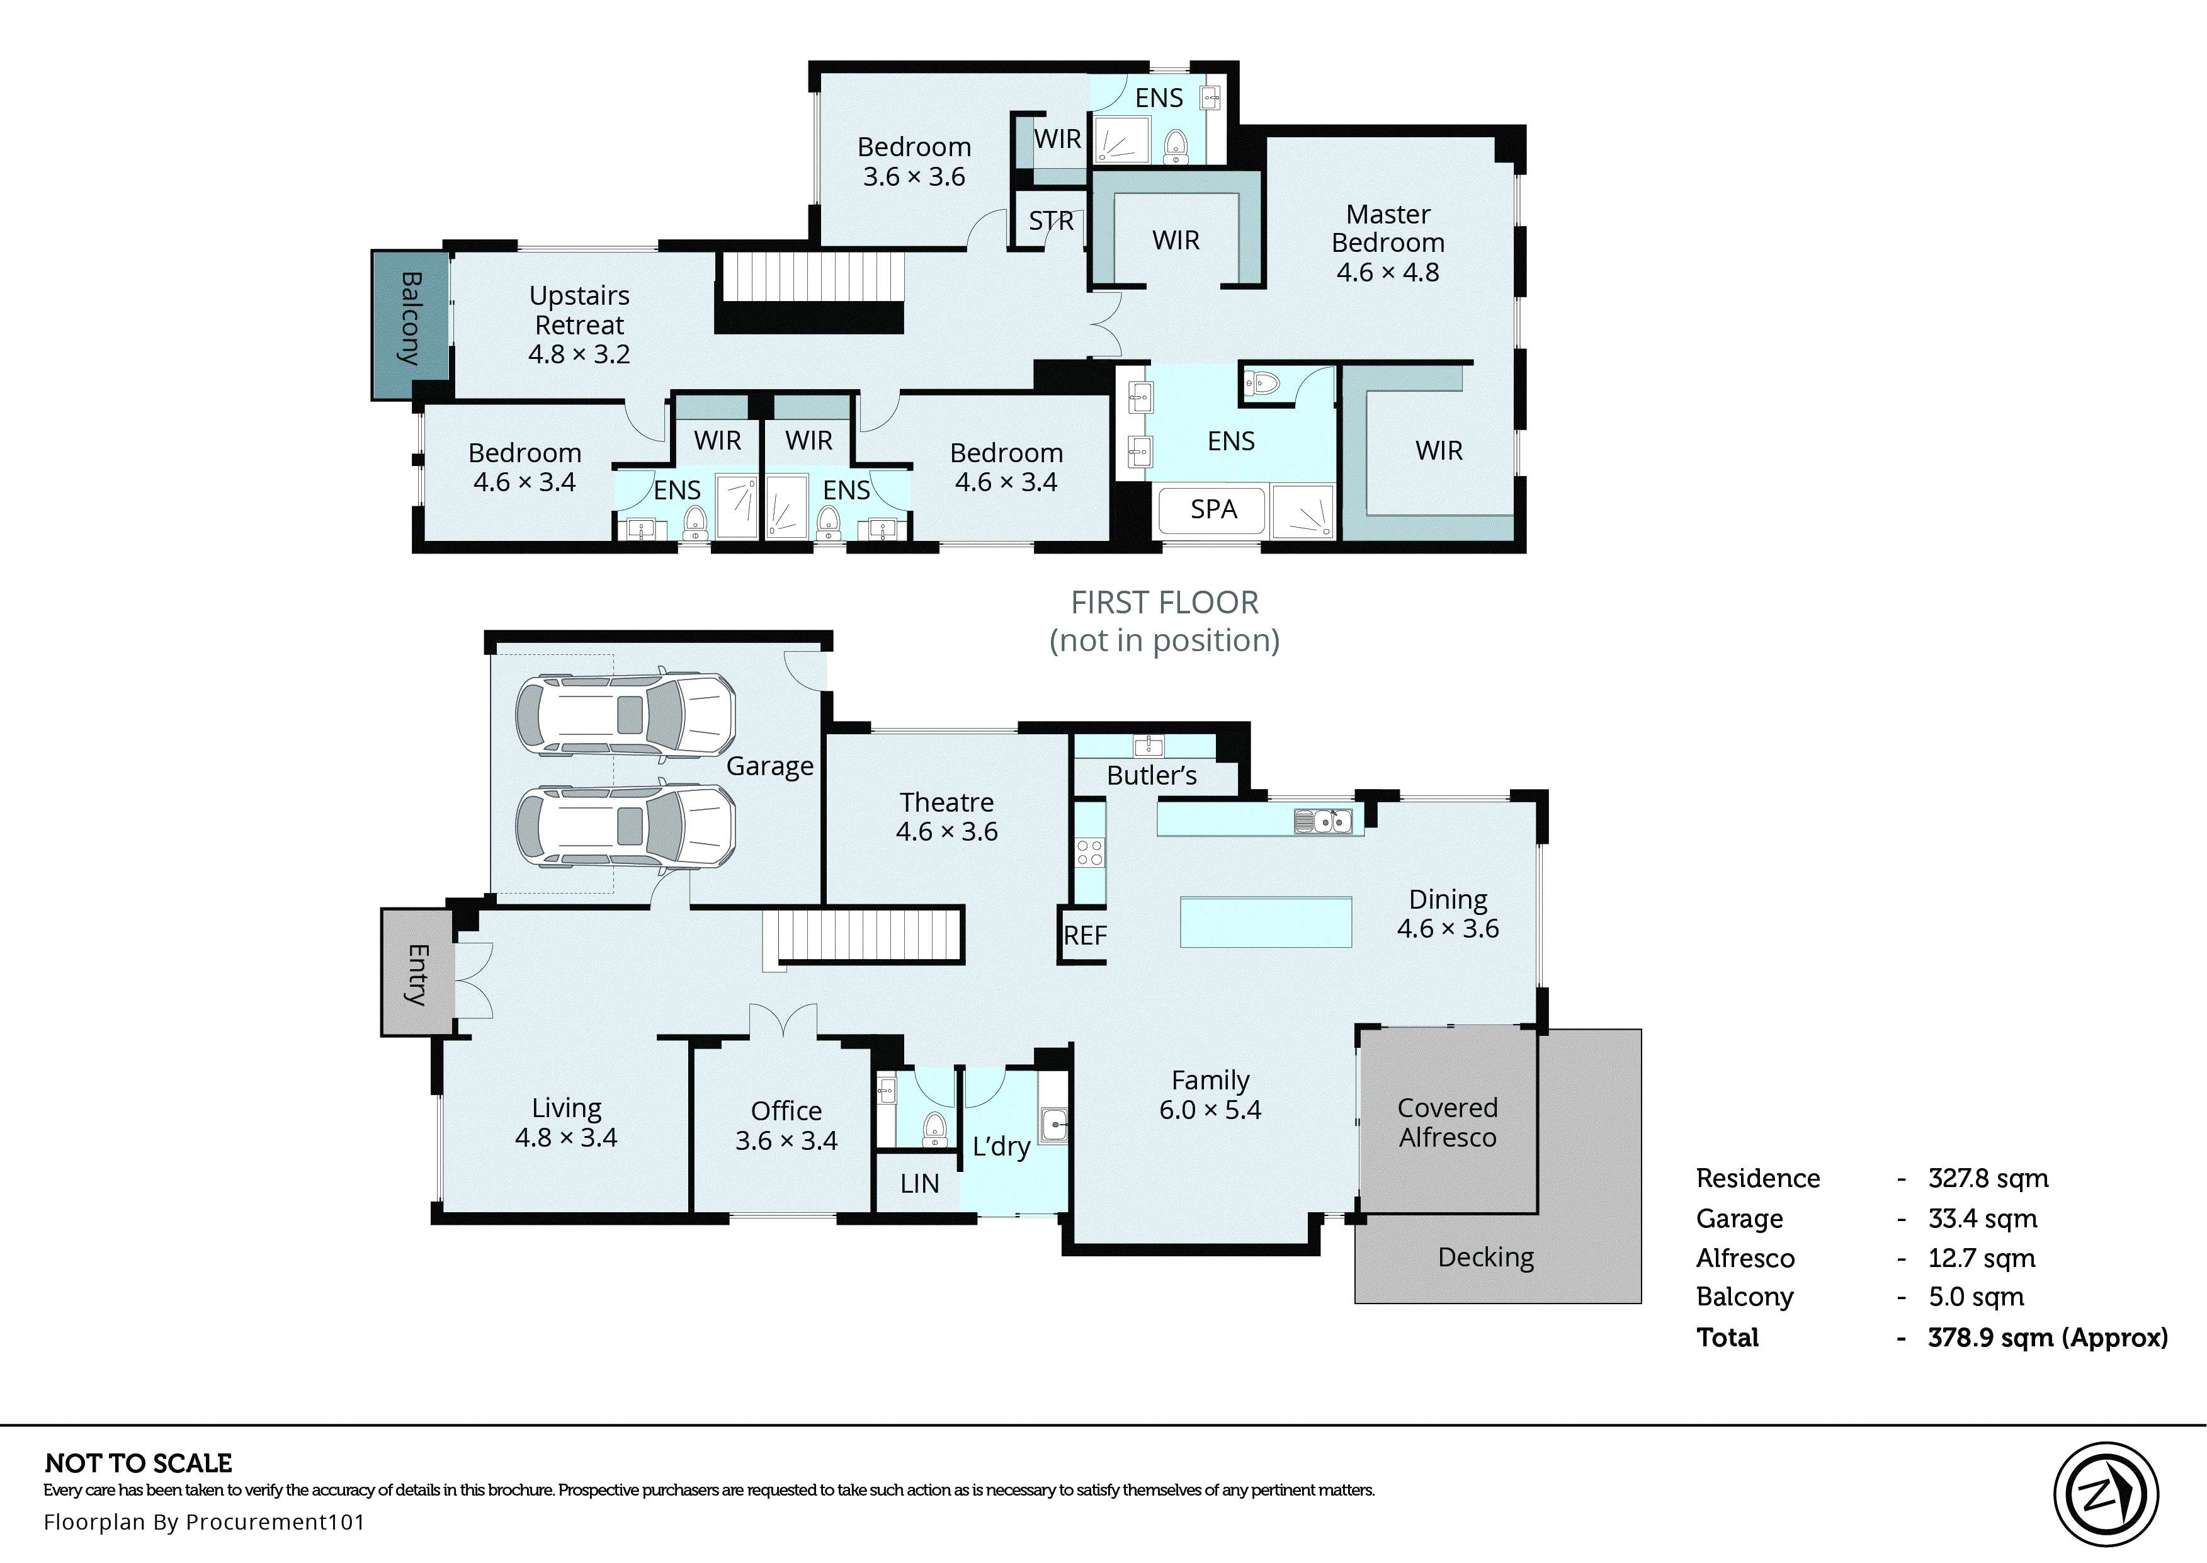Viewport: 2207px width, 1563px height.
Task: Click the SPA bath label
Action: (1213, 509)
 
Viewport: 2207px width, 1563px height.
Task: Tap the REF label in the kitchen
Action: (1084, 936)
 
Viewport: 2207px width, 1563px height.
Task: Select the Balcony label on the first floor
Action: (411, 319)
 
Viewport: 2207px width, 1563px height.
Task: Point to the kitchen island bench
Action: (1266, 922)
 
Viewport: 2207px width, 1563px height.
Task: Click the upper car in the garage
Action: (625, 714)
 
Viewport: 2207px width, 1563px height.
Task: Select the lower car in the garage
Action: (625, 826)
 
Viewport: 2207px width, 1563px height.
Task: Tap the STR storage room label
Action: (1050, 222)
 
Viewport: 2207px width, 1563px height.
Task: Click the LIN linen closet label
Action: (919, 1184)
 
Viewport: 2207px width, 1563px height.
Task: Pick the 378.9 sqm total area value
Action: (2046, 1338)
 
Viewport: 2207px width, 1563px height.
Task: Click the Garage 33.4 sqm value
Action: (1982, 1219)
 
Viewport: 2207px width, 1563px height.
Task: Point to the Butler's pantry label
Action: (1152, 776)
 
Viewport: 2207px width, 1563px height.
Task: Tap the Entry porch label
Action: (417, 974)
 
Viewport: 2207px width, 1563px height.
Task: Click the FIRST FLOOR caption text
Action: (1164, 603)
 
